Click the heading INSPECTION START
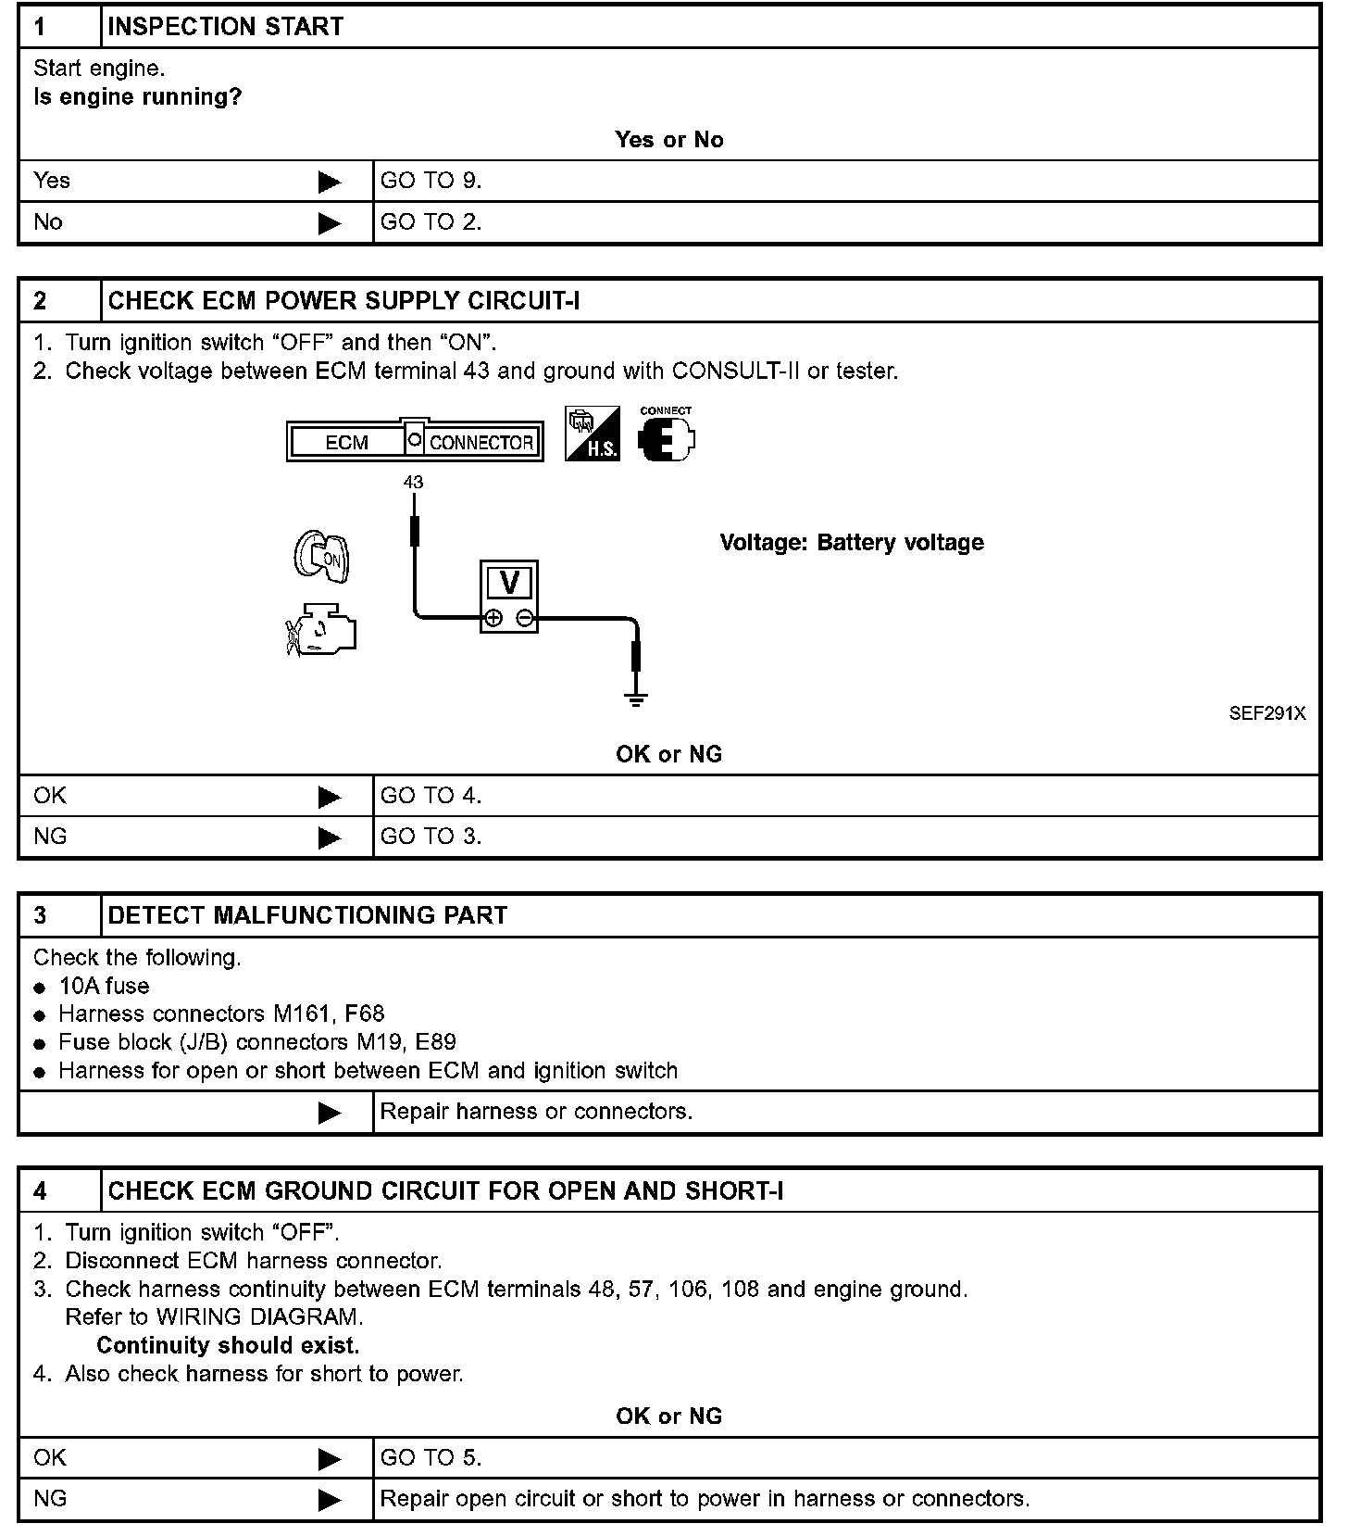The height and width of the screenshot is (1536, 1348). tap(225, 27)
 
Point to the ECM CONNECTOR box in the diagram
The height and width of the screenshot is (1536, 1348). tap(415, 442)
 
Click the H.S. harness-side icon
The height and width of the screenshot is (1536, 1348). tap(593, 434)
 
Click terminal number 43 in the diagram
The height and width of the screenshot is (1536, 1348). tap(413, 483)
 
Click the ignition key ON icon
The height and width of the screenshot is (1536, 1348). tap(322, 557)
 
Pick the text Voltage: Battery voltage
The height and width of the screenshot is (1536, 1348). tap(852, 543)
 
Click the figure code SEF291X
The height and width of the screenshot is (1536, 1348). tap(1267, 713)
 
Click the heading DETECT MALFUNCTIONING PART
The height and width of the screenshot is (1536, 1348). tap(307, 915)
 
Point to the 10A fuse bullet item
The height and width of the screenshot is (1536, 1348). tap(104, 986)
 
